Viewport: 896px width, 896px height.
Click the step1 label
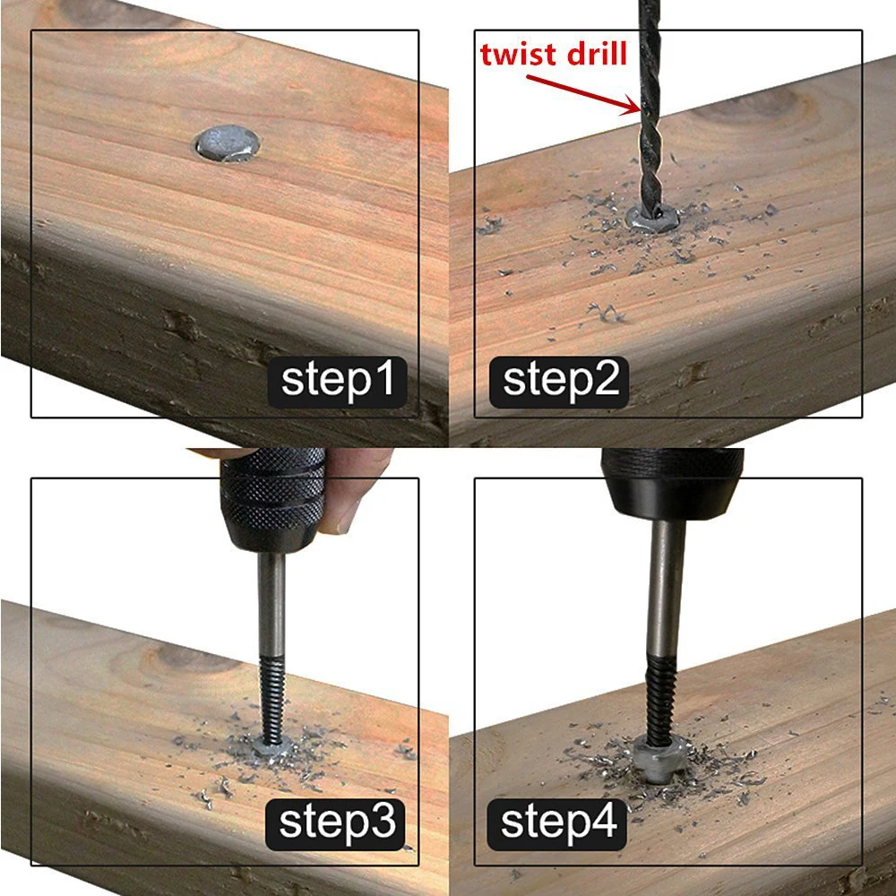337,382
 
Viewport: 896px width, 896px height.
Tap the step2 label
559,382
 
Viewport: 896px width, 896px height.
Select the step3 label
336,824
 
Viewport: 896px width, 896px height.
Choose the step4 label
557,824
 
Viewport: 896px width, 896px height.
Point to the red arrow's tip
640,111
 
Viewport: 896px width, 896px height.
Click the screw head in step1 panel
228,142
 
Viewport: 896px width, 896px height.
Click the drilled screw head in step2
652,219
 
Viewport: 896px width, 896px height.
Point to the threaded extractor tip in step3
273,700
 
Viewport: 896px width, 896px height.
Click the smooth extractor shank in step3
271,605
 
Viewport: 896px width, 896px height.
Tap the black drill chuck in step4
673,483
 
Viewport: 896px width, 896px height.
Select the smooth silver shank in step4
667,588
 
